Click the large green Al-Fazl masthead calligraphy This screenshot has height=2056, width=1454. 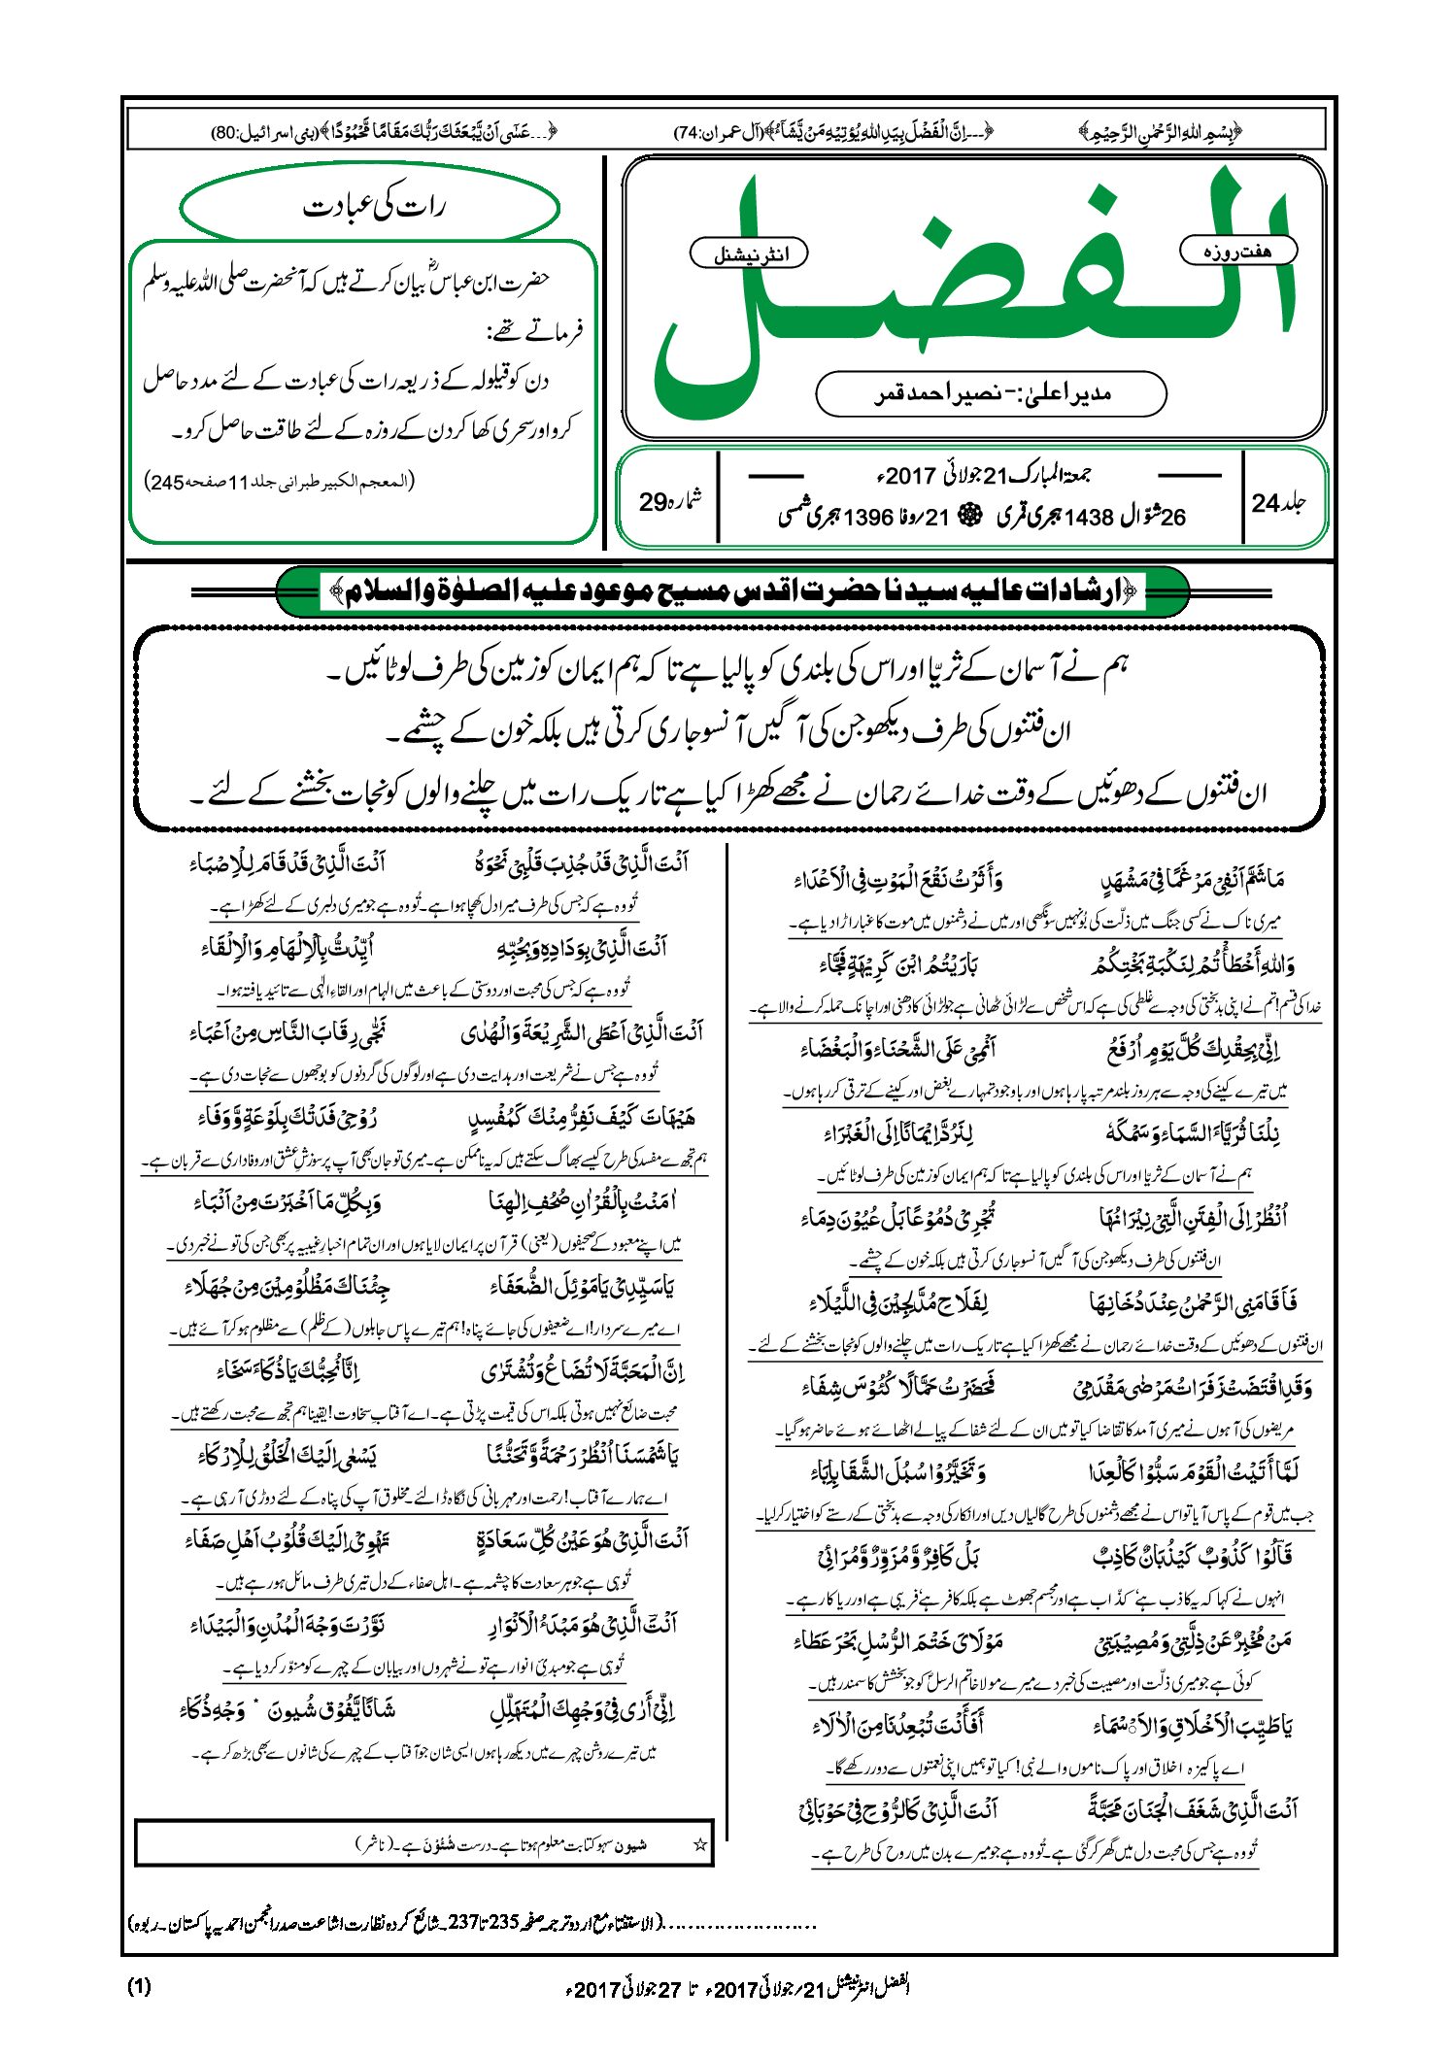tap(971, 291)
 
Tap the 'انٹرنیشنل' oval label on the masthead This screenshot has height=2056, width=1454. tap(749, 255)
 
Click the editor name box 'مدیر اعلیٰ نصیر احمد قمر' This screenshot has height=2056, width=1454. tap(991, 393)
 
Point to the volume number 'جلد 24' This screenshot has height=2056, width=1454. tap(1278, 502)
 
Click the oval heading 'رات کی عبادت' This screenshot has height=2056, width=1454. tap(370, 208)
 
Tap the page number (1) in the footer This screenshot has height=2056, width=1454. tap(140, 1986)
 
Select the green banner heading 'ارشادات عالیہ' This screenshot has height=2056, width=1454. tap(732, 591)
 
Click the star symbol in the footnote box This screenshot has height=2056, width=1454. tap(698, 1844)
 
